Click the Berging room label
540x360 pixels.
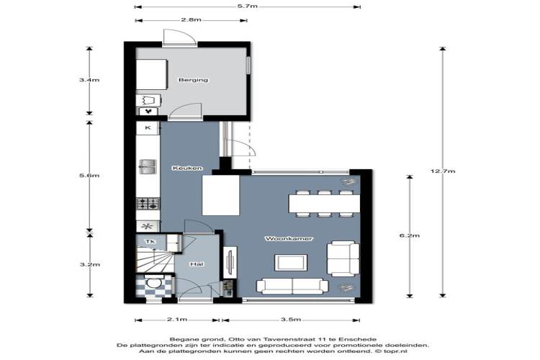[193, 80]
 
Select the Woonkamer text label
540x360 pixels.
[289, 238]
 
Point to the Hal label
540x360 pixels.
[197, 264]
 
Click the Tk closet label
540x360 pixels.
[150, 241]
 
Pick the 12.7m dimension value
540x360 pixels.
[443, 171]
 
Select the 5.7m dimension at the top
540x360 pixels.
[247, 6]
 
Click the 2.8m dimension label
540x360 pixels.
[191, 19]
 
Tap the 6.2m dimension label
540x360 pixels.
[410, 235]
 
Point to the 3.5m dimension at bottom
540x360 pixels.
[291, 320]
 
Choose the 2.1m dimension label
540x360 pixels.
[177, 320]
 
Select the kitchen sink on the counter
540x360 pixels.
[148, 167]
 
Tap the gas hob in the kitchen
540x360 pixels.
[148, 204]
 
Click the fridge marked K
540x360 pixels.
[148, 128]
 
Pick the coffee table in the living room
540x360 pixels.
[291, 263]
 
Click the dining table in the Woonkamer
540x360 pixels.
[325, 204]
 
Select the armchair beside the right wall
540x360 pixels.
[343, 259]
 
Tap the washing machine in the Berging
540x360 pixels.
[149, 101]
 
